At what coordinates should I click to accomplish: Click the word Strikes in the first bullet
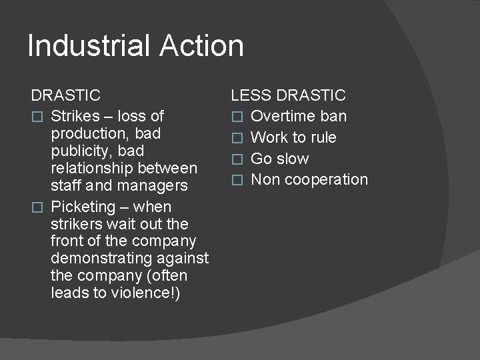75,117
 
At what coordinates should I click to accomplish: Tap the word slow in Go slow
293,159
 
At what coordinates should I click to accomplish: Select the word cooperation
327,180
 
